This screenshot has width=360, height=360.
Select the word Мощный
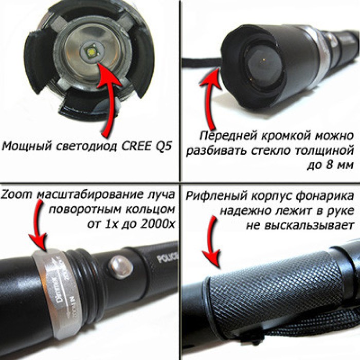pyautogui.click(x=24, y=146)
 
